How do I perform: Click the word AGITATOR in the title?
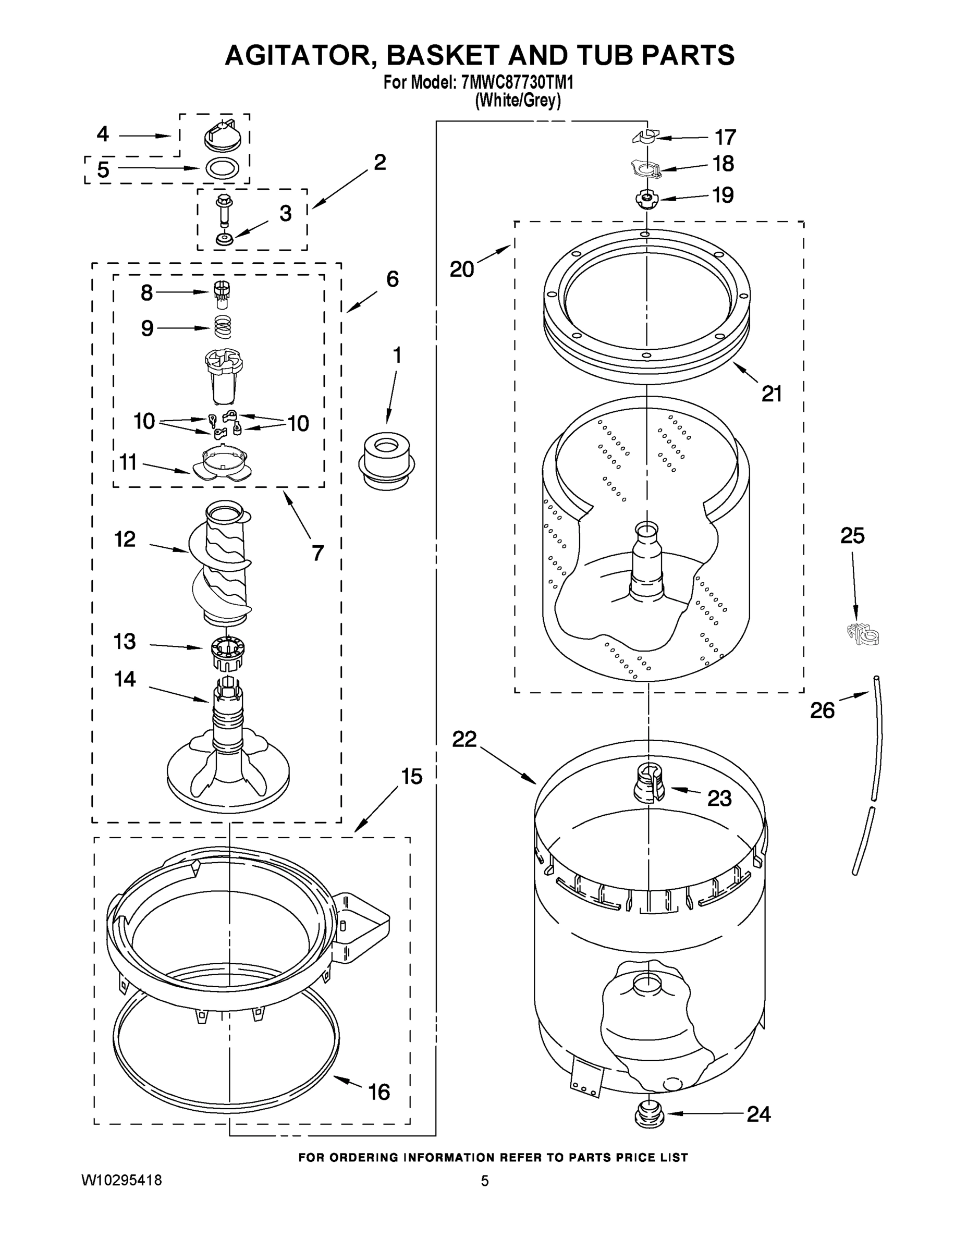point(300,56)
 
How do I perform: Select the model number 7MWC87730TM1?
point(517,83)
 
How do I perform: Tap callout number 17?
point(725,138)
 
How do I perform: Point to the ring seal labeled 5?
point(222,168)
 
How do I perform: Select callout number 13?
point(124,642)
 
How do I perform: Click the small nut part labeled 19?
point(647,199)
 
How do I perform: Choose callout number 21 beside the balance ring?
point(771,394)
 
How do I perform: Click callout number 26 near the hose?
point(822,710)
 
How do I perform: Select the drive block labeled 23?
point(648,783)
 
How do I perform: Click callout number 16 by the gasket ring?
point(378,1092)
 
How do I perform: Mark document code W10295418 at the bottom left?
point(122,1180)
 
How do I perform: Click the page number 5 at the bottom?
point(485,1181)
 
